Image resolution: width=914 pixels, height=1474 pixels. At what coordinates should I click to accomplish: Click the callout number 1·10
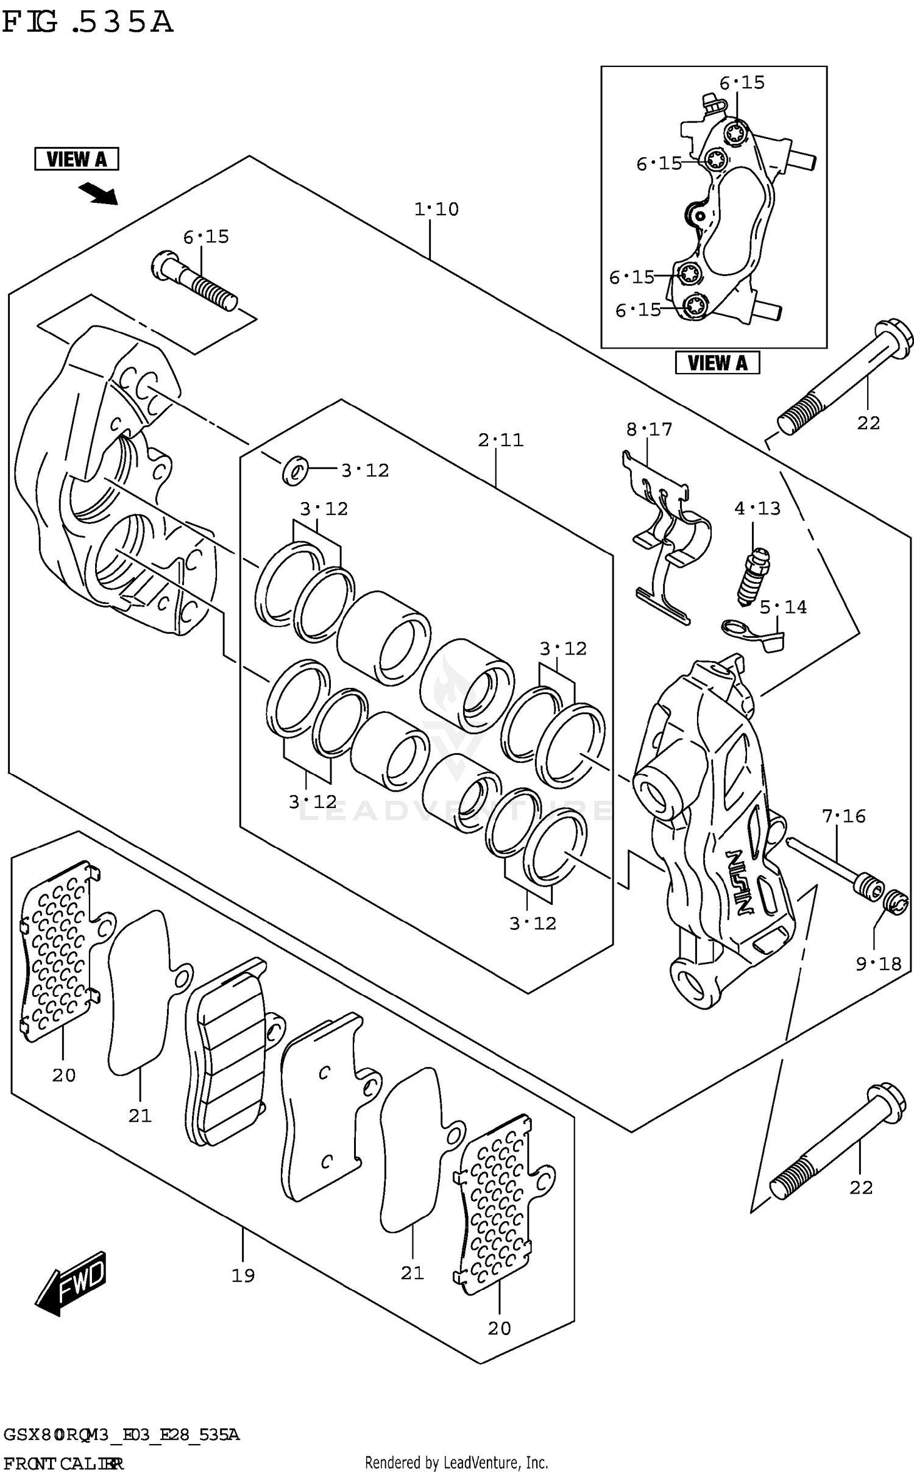(x=436, y=210)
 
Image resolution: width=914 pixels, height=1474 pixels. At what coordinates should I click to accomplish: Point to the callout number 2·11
(x=500, y=440)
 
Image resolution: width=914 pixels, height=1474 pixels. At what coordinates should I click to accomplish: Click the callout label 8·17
(x=649, y=430)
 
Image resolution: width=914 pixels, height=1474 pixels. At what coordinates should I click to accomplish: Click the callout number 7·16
(x=843, y=816)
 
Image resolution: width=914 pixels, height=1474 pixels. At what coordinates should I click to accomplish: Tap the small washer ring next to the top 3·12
(x=295, y=470)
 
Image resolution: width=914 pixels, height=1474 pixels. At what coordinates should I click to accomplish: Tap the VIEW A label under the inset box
(x=717, y=363)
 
